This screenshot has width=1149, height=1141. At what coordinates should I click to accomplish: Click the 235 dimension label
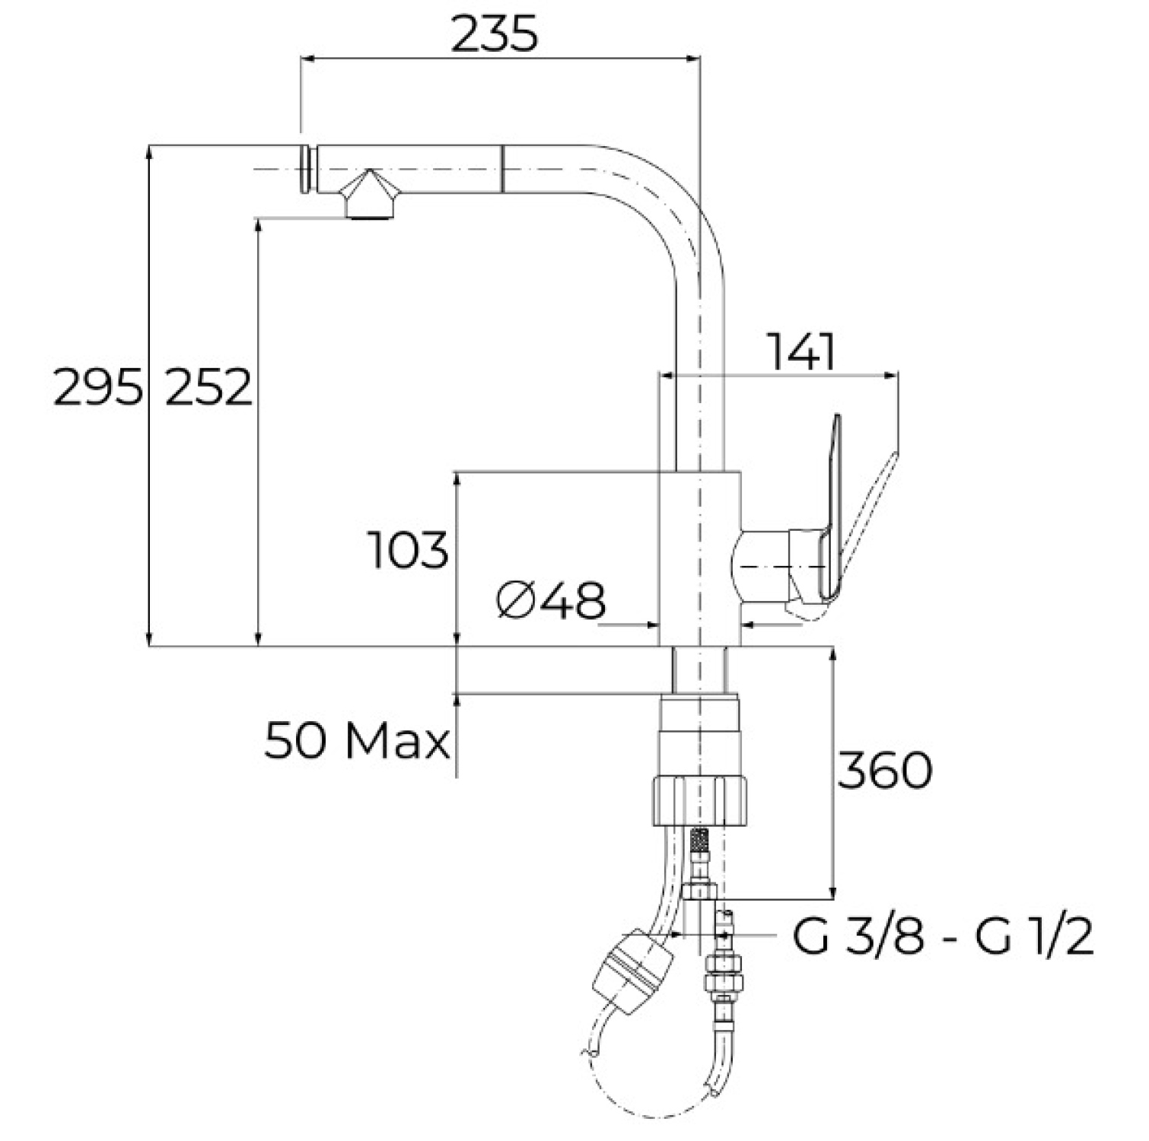[x=494, y=34]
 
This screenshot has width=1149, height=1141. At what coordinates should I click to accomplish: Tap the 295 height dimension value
[x=98, y=387]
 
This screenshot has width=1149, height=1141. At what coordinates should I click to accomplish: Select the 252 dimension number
[x=208, y=387]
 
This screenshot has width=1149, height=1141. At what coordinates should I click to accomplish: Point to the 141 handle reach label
[x=802, y=351]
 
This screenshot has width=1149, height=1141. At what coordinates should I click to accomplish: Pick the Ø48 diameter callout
[x=549, y=601]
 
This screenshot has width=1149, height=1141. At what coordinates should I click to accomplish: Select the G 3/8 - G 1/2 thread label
[x=943, y=937]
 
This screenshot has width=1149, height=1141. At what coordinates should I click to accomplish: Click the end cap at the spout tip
[x=309, y=168]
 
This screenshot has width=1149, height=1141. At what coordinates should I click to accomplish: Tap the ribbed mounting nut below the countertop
[x=700, y=799]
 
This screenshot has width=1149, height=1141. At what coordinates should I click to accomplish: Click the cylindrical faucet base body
[x=699, y=558]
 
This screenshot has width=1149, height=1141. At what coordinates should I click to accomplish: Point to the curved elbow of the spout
[x=670, y=205]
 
